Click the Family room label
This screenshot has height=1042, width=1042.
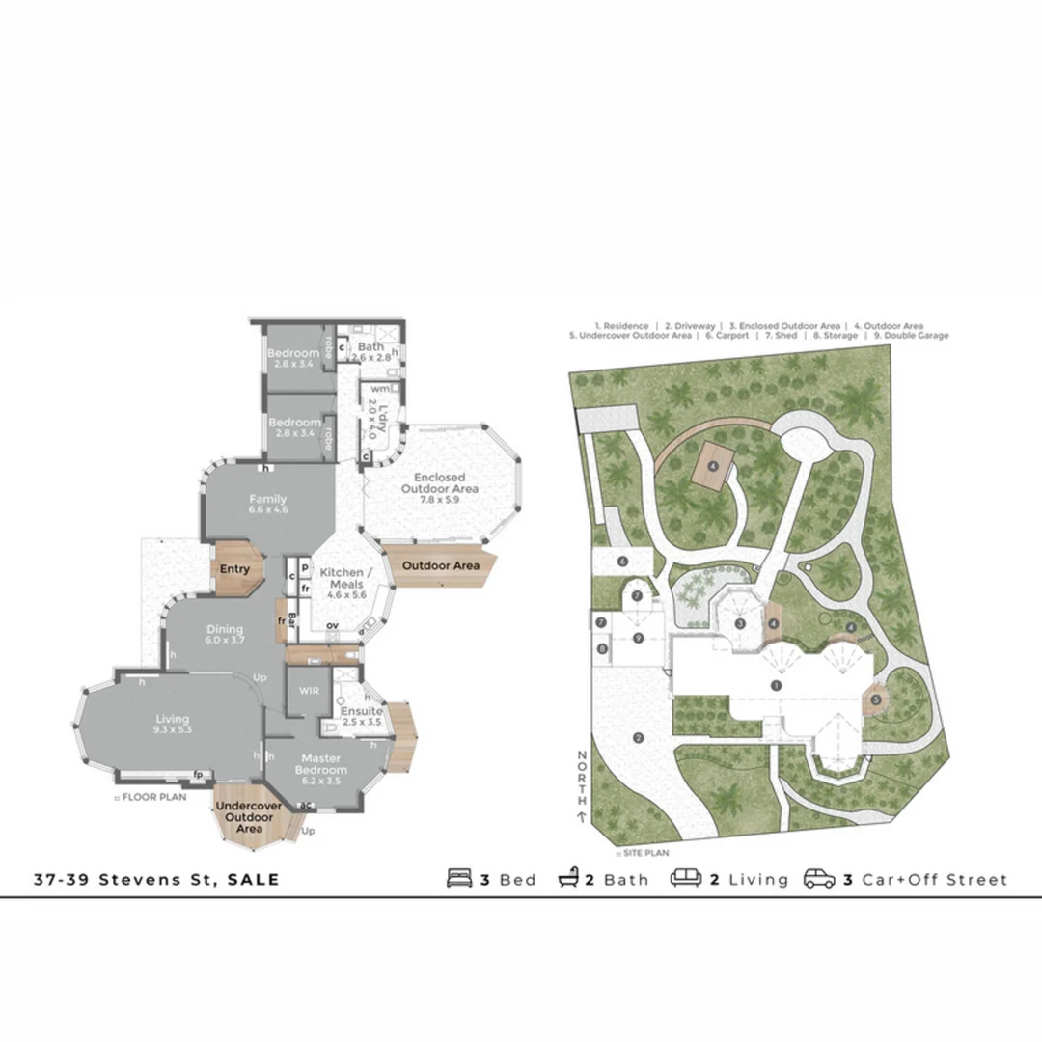point(267,499)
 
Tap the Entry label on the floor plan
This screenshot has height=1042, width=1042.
point(234,569)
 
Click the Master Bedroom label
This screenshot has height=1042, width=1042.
point(320,764)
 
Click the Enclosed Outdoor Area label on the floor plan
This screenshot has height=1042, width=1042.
point(440,482)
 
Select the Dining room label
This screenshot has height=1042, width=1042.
point(225,630)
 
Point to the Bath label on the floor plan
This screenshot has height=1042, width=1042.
point(371,346)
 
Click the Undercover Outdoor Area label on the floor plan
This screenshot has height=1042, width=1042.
point(249,816)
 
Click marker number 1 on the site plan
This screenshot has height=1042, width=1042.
point(776,685)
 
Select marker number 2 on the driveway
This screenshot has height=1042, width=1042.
point(639,738)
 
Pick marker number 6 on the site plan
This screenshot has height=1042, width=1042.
point(623,562)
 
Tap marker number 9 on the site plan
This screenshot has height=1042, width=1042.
point(638,638)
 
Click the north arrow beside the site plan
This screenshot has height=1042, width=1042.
point(582,816)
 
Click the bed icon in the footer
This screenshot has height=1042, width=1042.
point(459,879)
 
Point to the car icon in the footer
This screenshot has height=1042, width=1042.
point(819,879)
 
